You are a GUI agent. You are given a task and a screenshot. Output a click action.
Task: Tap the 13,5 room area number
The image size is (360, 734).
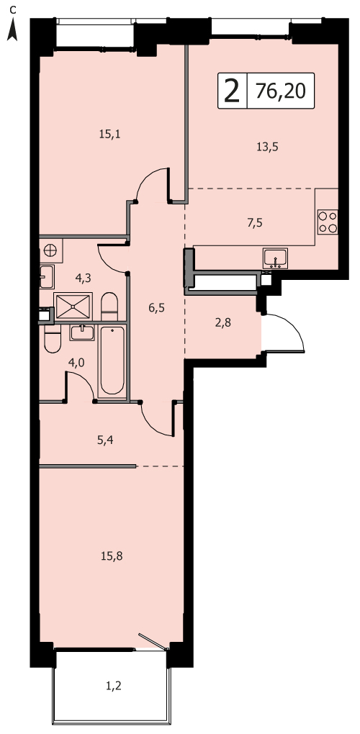267,147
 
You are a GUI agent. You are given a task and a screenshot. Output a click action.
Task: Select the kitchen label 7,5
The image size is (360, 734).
254,222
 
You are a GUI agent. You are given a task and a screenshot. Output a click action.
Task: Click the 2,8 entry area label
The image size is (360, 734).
223,322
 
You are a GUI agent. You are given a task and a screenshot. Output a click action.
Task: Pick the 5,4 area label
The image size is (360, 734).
107,440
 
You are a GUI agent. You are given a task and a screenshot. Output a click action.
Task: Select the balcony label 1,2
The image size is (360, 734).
113,686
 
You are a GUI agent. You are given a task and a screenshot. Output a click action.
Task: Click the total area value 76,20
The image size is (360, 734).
280,91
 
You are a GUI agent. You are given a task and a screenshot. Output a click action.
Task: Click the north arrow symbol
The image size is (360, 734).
13,30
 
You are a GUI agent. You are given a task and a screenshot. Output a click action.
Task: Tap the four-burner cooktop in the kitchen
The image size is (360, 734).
328,222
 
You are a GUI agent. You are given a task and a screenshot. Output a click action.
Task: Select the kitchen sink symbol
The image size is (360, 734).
275,258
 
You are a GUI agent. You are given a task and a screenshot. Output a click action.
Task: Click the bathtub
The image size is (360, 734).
112,361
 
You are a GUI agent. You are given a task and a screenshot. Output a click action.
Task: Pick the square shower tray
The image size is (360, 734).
73,307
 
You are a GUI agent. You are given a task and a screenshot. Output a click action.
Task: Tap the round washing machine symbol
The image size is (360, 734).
50,250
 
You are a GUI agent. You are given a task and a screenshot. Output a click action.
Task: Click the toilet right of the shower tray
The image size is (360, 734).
109,307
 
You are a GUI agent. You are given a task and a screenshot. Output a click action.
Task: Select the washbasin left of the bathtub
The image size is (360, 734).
82,332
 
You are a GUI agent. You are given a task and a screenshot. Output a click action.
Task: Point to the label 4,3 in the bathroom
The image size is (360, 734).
83,278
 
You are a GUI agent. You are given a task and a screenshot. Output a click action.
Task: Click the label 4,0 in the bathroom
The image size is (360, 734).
76,363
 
